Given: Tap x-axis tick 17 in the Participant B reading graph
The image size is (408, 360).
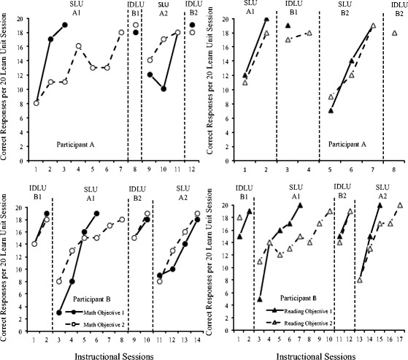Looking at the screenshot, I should click(x=399, y=338).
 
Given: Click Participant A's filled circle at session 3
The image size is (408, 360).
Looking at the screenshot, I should click(x=65, y=25).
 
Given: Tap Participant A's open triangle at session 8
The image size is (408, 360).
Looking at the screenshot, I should click(x=395, y=33).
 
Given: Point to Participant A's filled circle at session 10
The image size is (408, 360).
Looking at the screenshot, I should click(x=164, y=88).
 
